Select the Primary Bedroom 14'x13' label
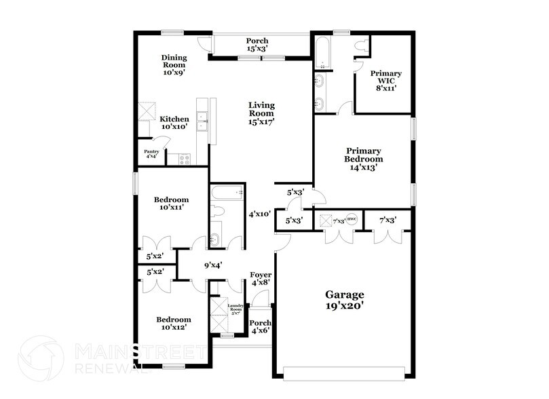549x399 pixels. coord(364,157)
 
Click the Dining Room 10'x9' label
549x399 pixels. coord(174,63)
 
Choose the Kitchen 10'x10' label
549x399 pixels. coord(174,123)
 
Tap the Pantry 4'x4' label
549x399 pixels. coord(151,153)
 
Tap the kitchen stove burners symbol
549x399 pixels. coord(185,160)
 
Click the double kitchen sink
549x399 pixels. coord(202,121)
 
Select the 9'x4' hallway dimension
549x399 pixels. coord(212,265)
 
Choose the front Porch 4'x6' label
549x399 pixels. coord(261,327)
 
